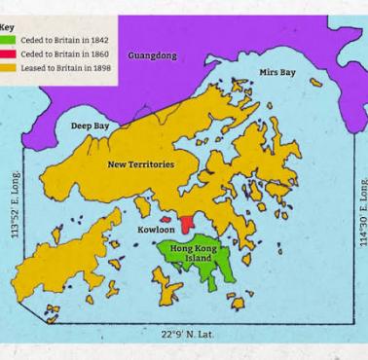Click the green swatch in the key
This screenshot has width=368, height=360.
pos(8,40)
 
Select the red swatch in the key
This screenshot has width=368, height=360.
pos(8,54)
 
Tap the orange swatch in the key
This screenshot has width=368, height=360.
pos(8,69)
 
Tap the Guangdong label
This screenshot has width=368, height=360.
pos(153,56)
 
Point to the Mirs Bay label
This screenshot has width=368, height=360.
pos(277,73)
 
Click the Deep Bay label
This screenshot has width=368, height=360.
pos(90,126)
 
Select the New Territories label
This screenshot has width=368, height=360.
pos(141,164)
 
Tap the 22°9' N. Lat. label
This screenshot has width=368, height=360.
pos(188,335)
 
